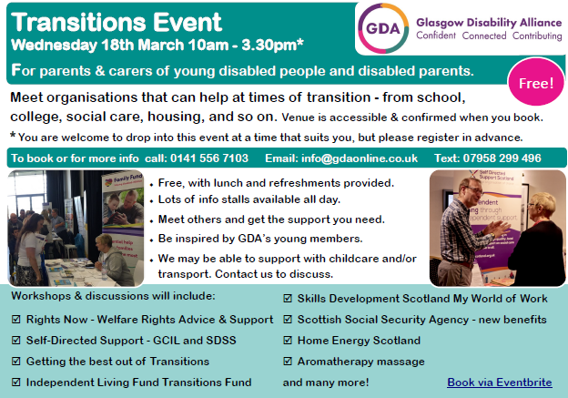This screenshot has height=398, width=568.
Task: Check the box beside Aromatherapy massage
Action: coord(289,362)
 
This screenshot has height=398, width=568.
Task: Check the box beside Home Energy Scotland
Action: coord(289,341)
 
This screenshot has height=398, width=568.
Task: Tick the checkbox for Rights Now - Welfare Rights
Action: coord(15,320)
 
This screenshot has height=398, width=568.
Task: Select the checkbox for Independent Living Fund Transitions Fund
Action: coord(15,383)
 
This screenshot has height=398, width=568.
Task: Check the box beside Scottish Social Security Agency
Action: coord(289,320)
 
